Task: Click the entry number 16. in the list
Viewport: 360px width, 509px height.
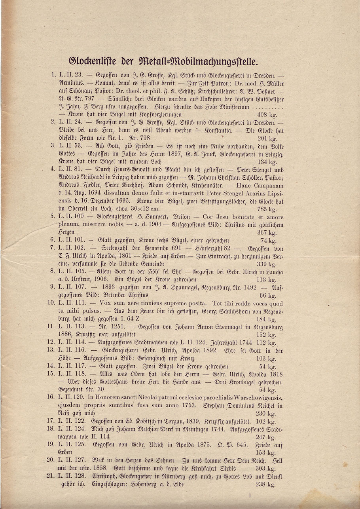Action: tap(52, 397)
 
